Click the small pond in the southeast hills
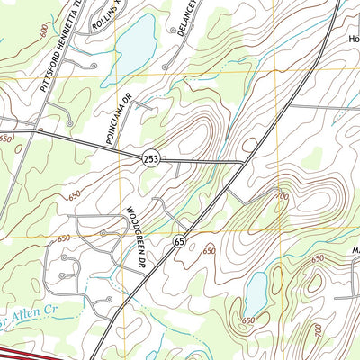(x=255, y=292)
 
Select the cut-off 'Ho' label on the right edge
(x=353, y=40)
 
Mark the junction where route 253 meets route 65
(x=245, y=163)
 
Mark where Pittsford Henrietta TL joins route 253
(x=36, y=131)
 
